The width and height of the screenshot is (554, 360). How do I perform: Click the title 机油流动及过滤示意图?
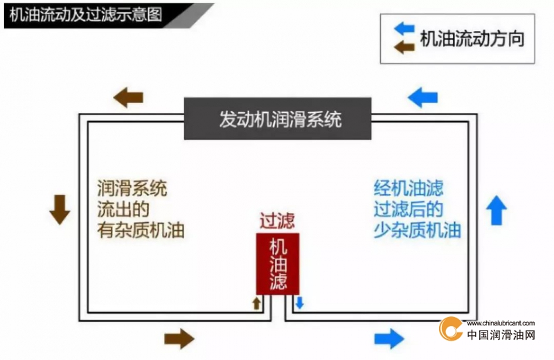click(x=85, y=15)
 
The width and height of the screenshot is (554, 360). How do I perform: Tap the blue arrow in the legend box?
click(x=404, y=28)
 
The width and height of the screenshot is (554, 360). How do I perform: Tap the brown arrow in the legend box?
click(x=404, y=46)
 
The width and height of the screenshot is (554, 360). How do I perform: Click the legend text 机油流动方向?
click(x=472, y=38)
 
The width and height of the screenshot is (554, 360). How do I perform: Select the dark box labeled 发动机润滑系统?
click(x=278, y=118)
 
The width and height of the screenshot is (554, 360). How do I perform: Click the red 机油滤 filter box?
click(x=278, y=264)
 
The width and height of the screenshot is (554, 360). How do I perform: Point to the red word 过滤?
click(x=278, y=221)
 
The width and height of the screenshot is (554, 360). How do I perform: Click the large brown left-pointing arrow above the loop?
click(x=128, y=98)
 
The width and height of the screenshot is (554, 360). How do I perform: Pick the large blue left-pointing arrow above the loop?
click(x=422, y=98)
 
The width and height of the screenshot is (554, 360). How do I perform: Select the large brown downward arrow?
click(x=60, y=210)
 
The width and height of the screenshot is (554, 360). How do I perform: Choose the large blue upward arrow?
click(x=497, y=210)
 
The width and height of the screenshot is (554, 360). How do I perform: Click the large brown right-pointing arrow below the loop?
click(x=179, y=339)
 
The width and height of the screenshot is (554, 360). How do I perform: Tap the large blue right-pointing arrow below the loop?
click(x=389, y=339)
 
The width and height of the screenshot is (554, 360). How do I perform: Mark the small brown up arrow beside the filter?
click(x=256, y=303)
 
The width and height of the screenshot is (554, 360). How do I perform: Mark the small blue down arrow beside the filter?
click(x=300, y=303)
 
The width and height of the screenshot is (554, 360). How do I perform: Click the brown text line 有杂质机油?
click(x=141, y=231)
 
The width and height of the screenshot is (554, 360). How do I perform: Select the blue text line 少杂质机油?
click(x=418, y=231)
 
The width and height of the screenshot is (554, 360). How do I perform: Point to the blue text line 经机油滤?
click(x=409, y=188)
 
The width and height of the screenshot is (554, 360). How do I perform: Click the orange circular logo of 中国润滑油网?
click(x=450, y=329)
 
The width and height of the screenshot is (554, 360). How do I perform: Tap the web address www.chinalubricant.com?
click(x=500, y=323)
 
